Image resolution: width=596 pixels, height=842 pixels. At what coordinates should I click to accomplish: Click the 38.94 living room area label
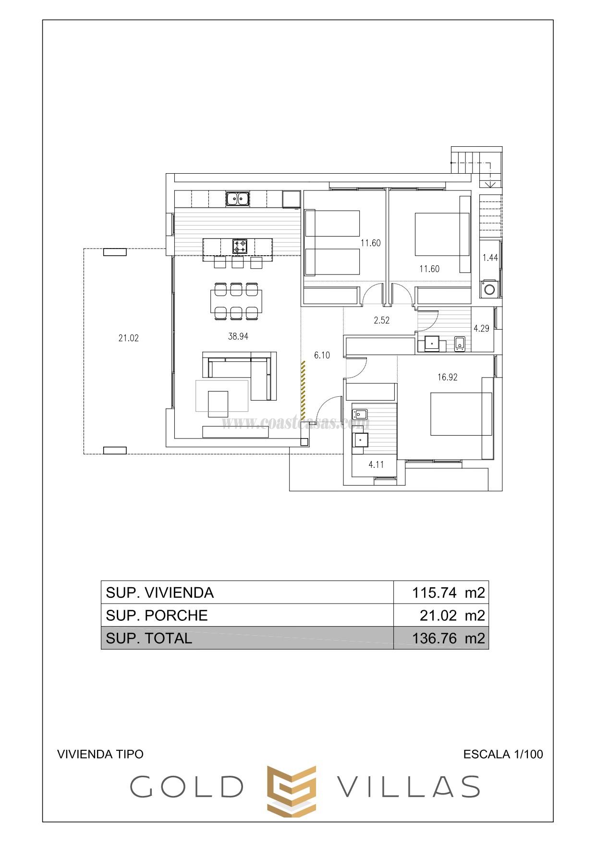tap(238, 336)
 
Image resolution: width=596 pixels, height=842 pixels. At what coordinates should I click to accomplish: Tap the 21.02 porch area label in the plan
tap(128, 338)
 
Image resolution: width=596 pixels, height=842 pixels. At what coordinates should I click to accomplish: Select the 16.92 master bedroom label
tap(447, 377)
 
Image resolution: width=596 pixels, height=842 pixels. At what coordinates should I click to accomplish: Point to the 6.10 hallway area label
tap(322, 355)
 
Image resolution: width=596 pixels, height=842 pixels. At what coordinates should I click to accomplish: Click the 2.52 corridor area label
tap(381, 320)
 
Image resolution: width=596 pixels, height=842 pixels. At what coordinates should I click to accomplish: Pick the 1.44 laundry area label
tap(490, 258)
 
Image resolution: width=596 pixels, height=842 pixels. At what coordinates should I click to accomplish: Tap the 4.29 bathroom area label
tap(481, 328)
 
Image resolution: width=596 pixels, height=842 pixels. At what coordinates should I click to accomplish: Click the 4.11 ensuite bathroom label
tap(376, 464)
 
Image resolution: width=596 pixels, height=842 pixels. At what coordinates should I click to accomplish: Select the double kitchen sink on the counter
tap(238, 198)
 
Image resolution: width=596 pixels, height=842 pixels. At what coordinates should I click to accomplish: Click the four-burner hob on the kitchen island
tap(240, 246)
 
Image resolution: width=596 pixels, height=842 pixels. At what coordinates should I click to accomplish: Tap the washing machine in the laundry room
tap(489, 289)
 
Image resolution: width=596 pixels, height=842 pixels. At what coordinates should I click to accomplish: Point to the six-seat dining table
tap(236, 301)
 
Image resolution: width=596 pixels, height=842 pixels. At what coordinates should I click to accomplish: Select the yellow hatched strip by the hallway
tap(303, 389)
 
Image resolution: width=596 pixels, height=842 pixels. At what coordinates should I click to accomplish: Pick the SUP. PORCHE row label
tap(157, 615)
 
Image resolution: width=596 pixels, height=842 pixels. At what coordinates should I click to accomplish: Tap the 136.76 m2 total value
tap(448, 638)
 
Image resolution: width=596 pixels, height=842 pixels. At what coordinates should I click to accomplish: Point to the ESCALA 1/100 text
tap(503, 754)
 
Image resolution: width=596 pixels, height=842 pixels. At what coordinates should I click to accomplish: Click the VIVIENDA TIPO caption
tap(100, 754)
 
